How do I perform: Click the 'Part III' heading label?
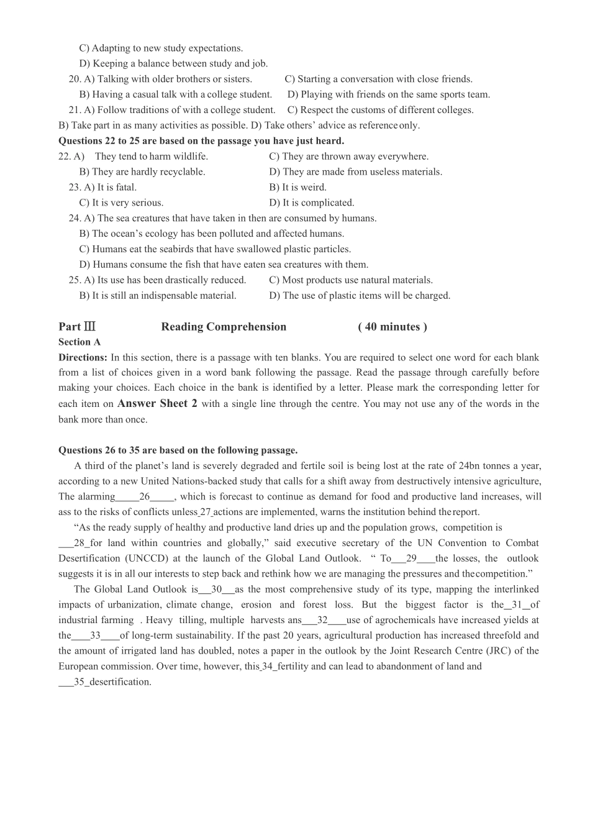(x=77, y=327)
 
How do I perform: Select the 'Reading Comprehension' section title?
(x=224, y=327)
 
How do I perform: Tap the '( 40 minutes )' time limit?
(x=393, y=327)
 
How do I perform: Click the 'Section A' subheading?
(x=79, y=342)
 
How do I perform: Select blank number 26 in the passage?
(x=145, y=496)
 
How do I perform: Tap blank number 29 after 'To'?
(x=411, y=559)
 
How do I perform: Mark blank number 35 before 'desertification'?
(x=79, y=682)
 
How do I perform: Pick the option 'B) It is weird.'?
(x=297, y=187)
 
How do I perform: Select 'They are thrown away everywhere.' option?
(x=348, y=157)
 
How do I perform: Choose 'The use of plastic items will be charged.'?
(x=360, y=296)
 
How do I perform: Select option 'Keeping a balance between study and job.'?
(x=173, y=63)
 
